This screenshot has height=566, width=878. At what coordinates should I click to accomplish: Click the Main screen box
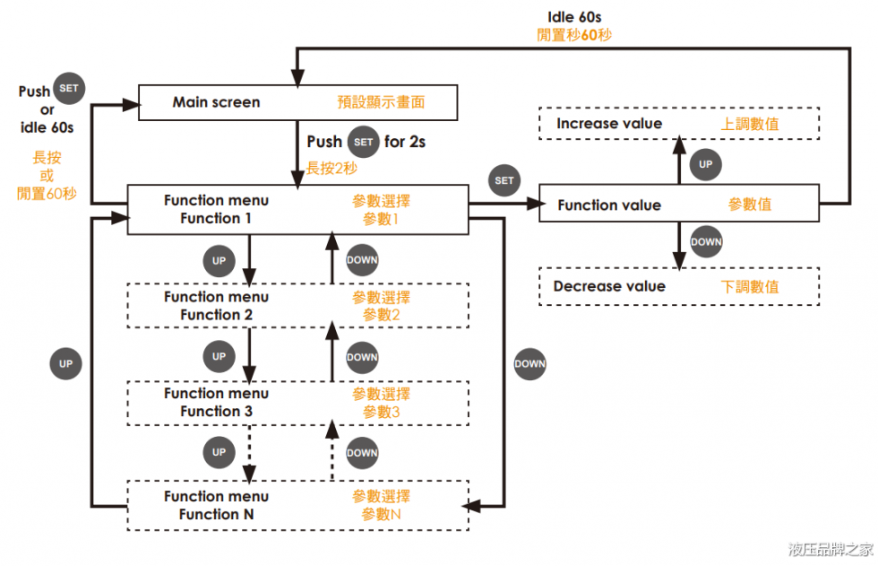coord(297,102)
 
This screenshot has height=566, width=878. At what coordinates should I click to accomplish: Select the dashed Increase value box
coord(678,124)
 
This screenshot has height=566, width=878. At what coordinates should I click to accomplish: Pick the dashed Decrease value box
coord(678,287)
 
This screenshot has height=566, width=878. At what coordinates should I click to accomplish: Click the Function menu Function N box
coord(297,506)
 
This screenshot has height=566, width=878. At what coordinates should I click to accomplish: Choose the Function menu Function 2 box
coord(297,306)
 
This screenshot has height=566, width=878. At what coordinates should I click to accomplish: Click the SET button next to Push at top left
coord(68,88)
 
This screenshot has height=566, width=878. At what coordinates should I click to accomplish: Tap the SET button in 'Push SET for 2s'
coord(364,142)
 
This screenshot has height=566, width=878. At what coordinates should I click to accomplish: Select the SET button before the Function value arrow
coord(504,180)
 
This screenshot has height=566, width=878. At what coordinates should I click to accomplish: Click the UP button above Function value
coord(706,164)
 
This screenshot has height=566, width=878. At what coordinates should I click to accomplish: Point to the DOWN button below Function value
coord(706,241)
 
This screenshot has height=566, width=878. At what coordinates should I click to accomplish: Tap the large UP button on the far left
coord(65,364)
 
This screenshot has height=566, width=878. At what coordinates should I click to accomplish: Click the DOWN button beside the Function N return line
coord(529,363)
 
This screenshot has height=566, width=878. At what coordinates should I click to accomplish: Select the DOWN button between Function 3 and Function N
coord(362,452)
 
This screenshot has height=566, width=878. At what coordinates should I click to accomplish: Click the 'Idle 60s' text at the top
coord(573,17)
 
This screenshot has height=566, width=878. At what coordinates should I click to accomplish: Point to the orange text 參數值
coord(750,205)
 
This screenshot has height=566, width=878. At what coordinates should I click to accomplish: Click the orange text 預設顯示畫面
coord(381,102)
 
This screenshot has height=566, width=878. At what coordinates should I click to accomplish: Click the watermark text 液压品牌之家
coord(830,549)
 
